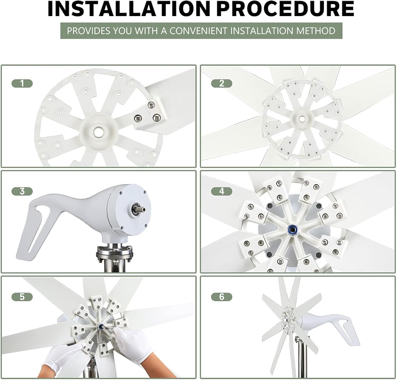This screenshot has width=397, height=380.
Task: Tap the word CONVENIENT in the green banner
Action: click(198, 31)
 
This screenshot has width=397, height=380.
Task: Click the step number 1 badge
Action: click(22, 84)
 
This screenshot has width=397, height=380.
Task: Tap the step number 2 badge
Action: click(222, 84)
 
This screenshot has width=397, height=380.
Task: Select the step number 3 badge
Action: click(22, 191)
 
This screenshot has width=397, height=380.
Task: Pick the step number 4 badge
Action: click(222, 191)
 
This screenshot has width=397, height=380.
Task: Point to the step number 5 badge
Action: click(22, 297)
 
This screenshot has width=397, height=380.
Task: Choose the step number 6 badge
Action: click(222, 297)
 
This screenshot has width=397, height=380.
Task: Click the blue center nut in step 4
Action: click(293, 229)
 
